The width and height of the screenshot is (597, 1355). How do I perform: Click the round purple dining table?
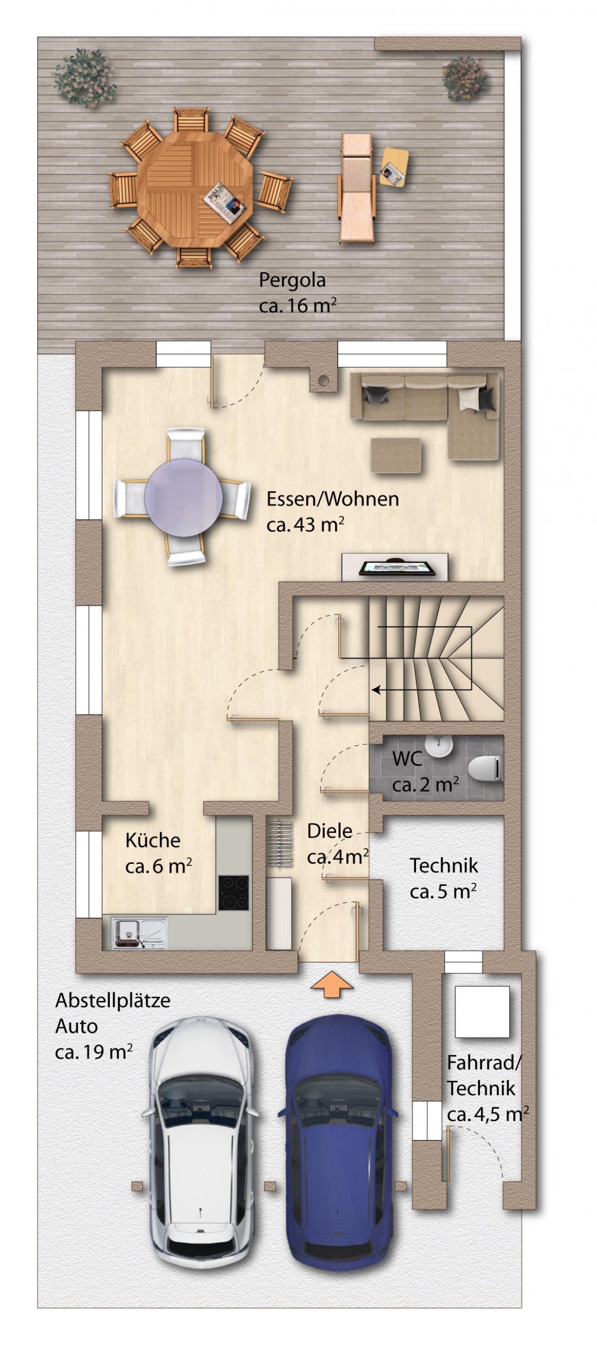tap(183, 497)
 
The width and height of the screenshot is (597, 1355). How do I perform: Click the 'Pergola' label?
tap(292, 280)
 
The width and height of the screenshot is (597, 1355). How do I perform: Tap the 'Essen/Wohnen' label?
tap(332, 499)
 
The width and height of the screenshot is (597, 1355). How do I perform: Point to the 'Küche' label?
tap(152, 840)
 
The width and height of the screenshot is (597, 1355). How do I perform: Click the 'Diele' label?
tap(330, 830)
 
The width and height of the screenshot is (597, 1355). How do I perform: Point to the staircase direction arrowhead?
tap(377, 690)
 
